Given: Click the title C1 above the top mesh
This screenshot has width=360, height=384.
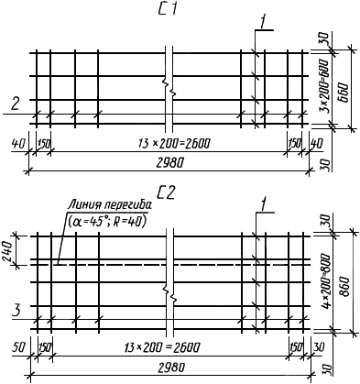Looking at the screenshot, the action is click(x=167, y=10).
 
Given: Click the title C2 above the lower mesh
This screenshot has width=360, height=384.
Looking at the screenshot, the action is click(x=167, y=193).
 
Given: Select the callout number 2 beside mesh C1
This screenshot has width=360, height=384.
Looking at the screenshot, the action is click(x=16, y=103).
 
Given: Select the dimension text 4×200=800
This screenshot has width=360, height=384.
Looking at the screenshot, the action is click(x=327, y=280).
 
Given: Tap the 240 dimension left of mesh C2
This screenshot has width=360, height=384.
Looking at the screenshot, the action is click(x=6, y=251).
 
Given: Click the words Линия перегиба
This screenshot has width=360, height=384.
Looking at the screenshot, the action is click(x=110, y=204).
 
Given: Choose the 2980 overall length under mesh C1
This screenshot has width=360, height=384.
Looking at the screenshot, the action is click(x=169, y=163).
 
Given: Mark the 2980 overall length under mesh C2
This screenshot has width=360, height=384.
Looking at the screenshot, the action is click(x=171, y=367).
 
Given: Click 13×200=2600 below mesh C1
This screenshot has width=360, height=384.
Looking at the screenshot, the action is click(x=174, y=143).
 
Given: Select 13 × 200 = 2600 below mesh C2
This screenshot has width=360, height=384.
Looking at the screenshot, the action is click(x=162, y=347).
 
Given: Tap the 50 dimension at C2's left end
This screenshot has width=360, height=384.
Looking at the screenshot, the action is click(x=18, y=348).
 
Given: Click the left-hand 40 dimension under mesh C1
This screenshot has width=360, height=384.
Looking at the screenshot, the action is click(x=17, y=143).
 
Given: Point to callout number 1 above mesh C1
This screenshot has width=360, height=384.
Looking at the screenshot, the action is click(x=262, y=22).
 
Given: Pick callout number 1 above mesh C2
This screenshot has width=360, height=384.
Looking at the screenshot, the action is click(x=263, y=203).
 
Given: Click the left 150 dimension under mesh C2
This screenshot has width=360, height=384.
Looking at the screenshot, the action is click(x=45, y=348).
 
